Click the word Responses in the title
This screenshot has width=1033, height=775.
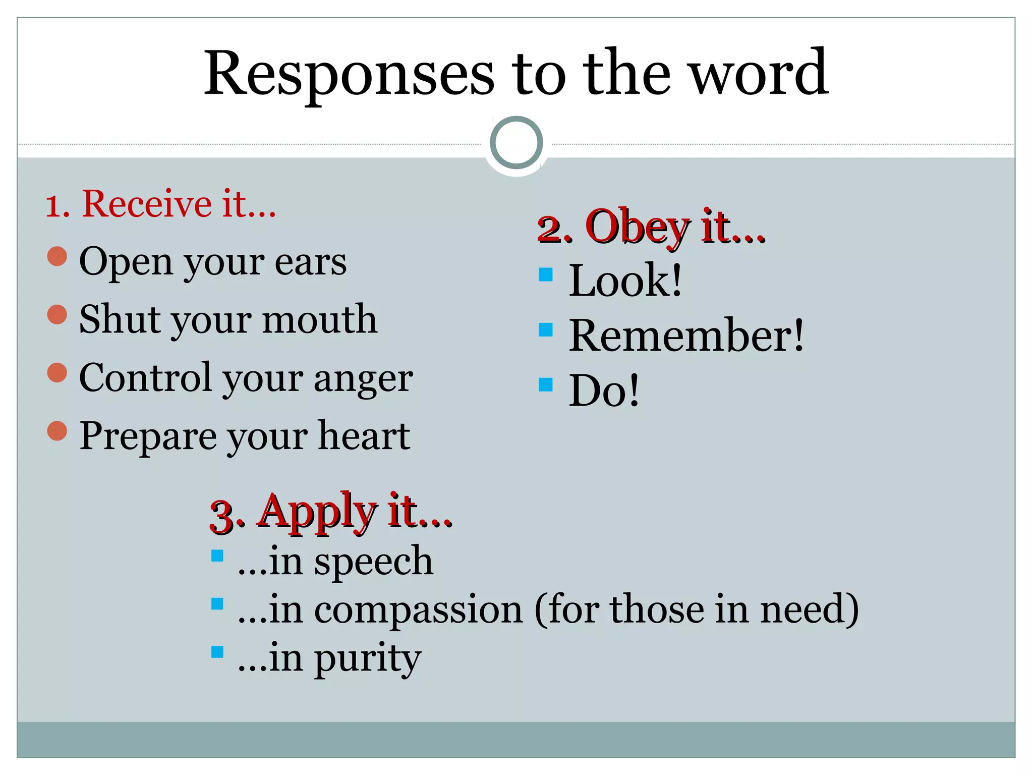pos(349,75)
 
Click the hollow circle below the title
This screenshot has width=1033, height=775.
pos(516,143)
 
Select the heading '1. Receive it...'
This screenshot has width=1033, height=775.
pos(161,204)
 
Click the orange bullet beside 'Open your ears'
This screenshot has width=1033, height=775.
pos(57,256)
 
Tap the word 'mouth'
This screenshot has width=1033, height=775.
pos(320,320)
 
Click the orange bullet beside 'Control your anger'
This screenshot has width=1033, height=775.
pos(57,373)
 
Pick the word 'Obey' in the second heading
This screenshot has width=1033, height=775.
pos(637,228)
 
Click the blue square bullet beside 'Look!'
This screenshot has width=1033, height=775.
pos(546,274)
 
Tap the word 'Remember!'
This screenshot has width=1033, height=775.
pos(686,336)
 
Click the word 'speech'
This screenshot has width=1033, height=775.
pos(373,562)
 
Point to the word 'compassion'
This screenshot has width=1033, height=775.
pos(419,610)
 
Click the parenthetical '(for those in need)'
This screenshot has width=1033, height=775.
pos(696,609)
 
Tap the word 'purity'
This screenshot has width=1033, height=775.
pos(368,658)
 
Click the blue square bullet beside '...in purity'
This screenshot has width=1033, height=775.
pos(217,652)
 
